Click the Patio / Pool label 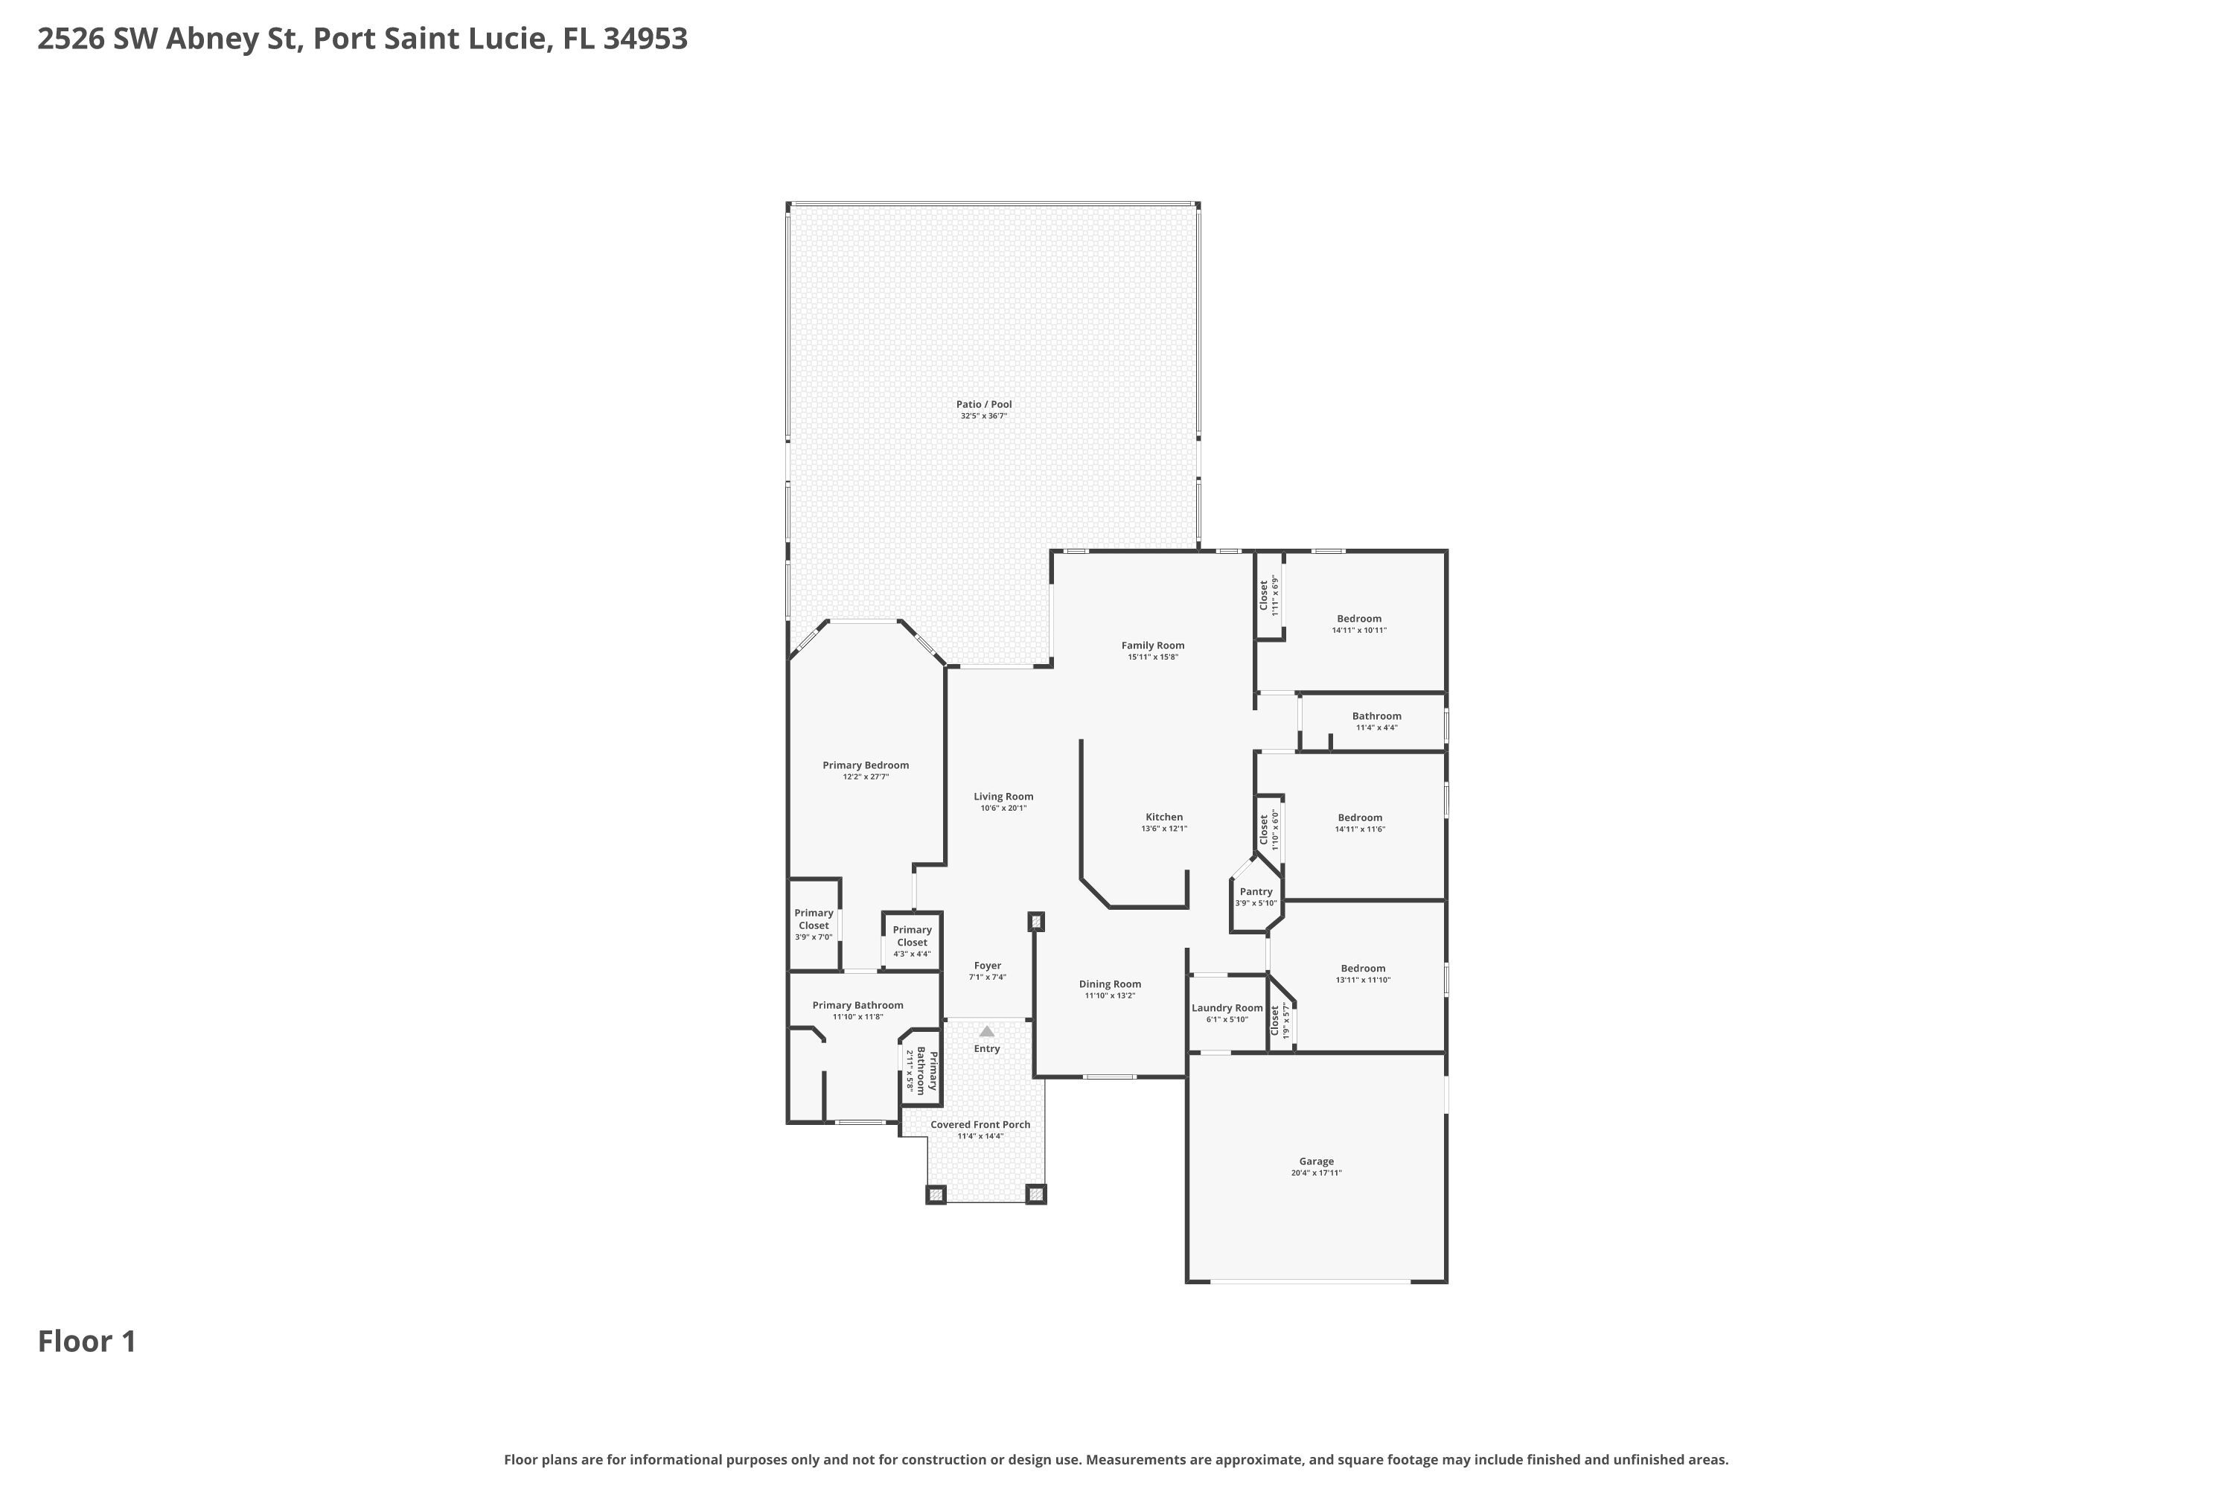983,404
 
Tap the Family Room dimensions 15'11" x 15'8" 1152,657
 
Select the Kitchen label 1164,817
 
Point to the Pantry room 1256,896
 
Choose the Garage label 1316,1161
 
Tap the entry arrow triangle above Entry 986,1031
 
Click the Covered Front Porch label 980,1124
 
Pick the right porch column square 1037,1195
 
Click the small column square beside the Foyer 1037,921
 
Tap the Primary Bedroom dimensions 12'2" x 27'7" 866,777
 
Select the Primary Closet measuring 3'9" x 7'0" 814,923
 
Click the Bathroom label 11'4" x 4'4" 1376,717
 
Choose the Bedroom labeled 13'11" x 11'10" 1362,969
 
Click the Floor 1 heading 87,1341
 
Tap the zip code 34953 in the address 645,39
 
